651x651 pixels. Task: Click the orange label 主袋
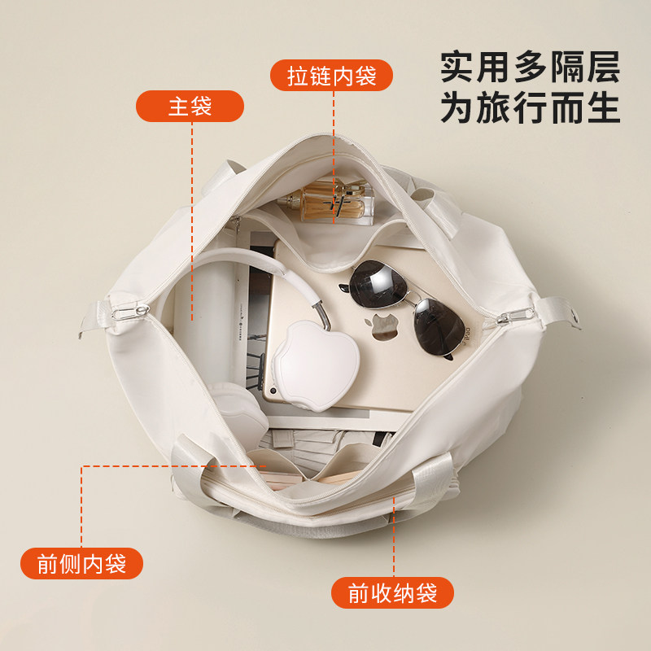(190, 106)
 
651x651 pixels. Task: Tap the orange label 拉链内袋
(331, 76)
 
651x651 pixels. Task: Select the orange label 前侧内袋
(81, 564)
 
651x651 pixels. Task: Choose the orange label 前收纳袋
(392, 593)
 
